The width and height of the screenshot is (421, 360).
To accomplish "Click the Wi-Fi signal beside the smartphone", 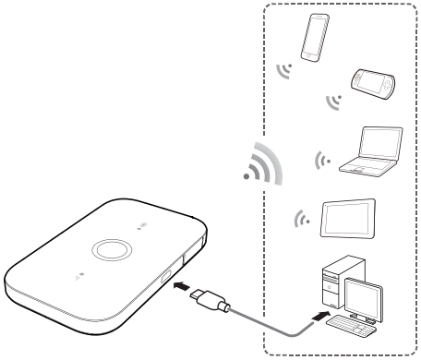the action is point(283,70).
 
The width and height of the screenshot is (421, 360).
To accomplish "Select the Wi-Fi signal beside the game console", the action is point(334,98).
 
